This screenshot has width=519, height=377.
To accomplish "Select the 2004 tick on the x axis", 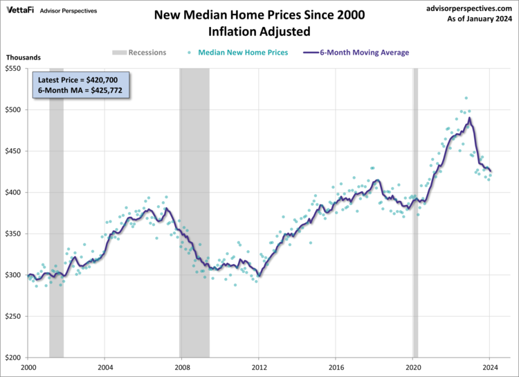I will point(104,367).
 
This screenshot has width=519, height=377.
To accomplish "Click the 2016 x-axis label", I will point(336,367).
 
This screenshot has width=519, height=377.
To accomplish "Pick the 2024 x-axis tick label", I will point(490,367).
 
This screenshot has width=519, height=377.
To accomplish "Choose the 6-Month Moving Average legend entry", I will point(364,53).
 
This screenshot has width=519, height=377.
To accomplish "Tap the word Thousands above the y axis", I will point(23,58).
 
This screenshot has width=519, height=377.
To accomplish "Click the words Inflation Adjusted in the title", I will point(259,31).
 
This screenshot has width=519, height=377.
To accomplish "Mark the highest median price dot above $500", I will point(466,98).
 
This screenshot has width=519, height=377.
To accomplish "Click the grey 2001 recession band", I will point(56,208).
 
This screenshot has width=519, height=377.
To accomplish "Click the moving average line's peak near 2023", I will point(469,119).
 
